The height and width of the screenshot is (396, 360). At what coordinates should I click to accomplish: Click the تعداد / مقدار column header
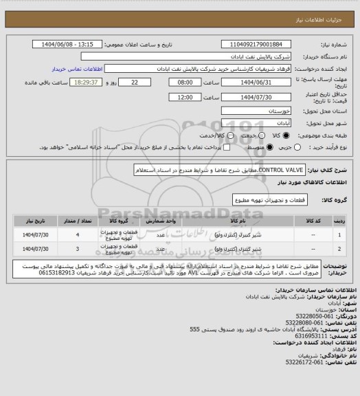click(x=78, y=220)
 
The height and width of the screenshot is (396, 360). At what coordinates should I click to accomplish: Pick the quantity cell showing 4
click(x=78, y=234)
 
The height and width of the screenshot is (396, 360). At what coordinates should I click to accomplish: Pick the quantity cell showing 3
click(x=78, y=248)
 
